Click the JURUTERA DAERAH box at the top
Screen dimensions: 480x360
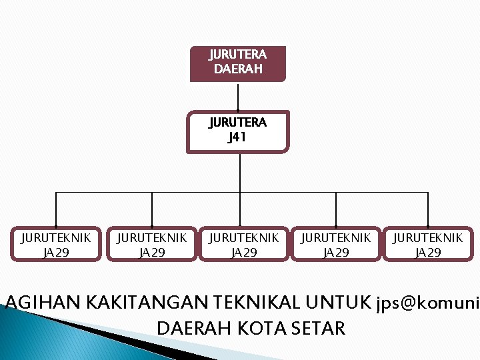tap(238, 63)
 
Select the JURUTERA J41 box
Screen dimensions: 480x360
tap(238, 131)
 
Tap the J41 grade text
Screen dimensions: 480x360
tap(237, 138)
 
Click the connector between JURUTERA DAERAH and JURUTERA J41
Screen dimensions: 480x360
tap(238, 97)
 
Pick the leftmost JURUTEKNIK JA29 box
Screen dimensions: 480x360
tap(56, 245)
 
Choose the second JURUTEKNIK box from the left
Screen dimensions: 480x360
tap(152, 245)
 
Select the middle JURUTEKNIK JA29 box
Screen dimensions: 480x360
tap(244, 245)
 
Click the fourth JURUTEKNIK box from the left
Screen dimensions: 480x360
tap(336, 245)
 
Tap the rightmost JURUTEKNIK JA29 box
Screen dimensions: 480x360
tap(428, 245)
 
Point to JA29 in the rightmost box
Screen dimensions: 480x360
tap(428, 253)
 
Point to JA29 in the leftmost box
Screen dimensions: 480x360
tap(56, 253)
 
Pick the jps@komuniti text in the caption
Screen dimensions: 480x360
tap(427, 304)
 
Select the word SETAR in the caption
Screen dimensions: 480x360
tap(319, 328)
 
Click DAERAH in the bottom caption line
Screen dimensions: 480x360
tap(194, 328)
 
